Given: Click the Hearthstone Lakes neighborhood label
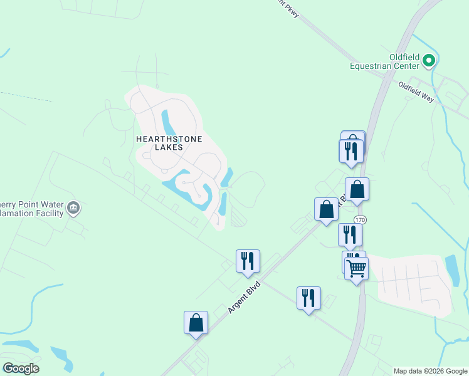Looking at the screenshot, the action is [x=169, y=143].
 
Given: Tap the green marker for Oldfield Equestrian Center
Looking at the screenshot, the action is [x=429, y=61].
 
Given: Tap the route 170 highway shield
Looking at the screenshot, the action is [x=360, y=220].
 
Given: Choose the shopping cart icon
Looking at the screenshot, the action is [x=356, y=268].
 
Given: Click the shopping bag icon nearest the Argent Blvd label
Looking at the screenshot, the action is [x=196, y=322].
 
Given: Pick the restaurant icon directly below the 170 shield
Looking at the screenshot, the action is [x=350, y=234].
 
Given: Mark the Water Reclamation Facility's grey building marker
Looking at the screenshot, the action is [x=73, y=207].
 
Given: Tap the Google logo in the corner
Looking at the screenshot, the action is [x=21, y=368].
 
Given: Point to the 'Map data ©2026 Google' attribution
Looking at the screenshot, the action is [x=430, y=371].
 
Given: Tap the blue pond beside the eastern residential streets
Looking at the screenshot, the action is [x=451, y=269].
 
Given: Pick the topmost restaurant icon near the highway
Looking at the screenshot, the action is [x=351, y=151].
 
